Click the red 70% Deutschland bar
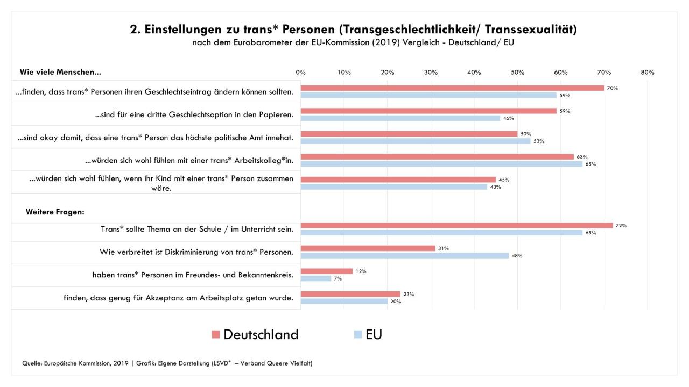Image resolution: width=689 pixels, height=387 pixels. [x=452, y=88]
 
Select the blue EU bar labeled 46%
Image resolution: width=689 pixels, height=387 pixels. [x=400, y=118]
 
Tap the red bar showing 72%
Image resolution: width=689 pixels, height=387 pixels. [x=456, y=225]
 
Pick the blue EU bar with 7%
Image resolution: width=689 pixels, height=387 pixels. [x=316, y=278]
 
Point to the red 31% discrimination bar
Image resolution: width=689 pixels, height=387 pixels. [x=368, y=248]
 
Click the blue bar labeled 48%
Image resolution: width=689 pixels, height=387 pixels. [x=404, y=256]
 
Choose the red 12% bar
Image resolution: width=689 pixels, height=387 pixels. [x=327, y=271]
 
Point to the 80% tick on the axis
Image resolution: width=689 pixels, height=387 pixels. [x=647, y=73]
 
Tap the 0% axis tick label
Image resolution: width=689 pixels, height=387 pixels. [x=300, y=73]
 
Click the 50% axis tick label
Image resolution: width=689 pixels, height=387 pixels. [x=517, y=73]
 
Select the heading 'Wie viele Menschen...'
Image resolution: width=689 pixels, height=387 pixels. [x=60, y=72]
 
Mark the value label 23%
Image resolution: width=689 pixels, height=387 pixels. [x=409, y=294]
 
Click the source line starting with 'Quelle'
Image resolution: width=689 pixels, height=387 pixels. [x=167, y=363]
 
